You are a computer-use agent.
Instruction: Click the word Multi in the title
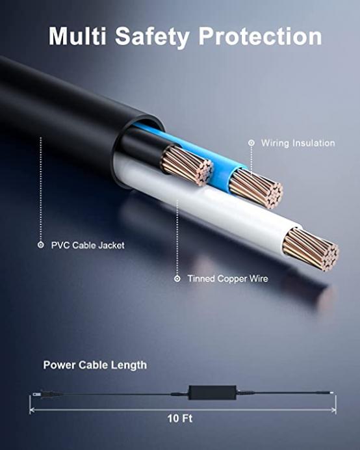click(x=77, y=36)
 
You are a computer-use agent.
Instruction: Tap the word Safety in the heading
click(x=152, y=37)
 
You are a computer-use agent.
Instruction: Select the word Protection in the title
click(x=260, y=36)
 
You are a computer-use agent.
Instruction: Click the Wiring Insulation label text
click(x=298, y=143)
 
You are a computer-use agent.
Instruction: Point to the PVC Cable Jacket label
click(x=88, y=245)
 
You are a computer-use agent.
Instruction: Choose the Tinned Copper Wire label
click(x=227, y=278)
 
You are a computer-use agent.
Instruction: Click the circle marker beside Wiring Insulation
click(x=251, y=142)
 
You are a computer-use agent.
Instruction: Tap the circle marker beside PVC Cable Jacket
click(x=41, y=245)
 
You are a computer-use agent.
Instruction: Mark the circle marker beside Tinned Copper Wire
click(x=177, y=278)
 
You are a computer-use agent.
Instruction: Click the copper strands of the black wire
click(x=187, y=166)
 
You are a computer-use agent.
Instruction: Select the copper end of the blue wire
click(x=256, y=188)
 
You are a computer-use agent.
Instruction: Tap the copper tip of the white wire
click(x=311, y=249)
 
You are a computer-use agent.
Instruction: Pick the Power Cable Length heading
click(x=95, y=365)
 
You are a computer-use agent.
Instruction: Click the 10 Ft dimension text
click(x=180, y=418)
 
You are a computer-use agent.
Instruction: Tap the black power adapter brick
click(x=212, y=392)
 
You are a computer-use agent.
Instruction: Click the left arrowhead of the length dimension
click(x=32, y=410)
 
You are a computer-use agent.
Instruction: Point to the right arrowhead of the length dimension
click(x=333, y=410)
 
